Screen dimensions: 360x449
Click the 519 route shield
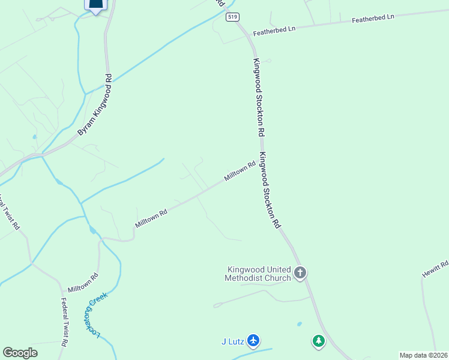tap(232, 17)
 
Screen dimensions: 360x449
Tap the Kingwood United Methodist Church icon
tap(300, 273)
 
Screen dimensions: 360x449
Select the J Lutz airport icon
tap(253, 341)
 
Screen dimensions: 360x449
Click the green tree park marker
tap(318, 341)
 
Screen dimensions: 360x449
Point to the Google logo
tap(20, 353)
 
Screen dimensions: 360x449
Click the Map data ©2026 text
tap(424, 355)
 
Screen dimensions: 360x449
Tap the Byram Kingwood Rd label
tap(95, 106)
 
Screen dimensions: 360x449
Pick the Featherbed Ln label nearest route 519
tap(274, 29)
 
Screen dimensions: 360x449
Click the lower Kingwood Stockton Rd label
tap(270, 190)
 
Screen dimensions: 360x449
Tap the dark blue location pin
tap(96, 4)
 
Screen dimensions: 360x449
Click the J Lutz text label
tap(231, 341)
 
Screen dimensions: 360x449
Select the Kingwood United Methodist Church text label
tap(258, 274)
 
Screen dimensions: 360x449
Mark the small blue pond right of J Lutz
tap(299, 324)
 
